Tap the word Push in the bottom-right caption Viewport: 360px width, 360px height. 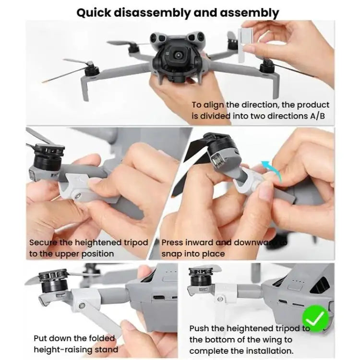click(x=201, y=328)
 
